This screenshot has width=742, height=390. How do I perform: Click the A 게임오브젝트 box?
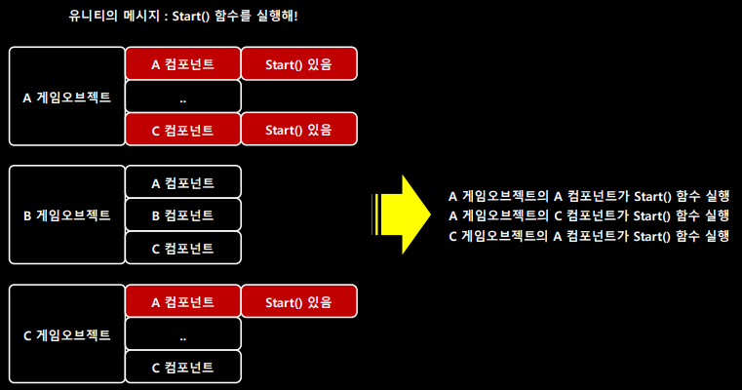66,97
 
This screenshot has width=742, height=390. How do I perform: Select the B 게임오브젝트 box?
66,214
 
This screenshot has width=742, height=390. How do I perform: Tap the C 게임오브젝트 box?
66,334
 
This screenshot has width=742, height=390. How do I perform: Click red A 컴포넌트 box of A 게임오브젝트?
183,64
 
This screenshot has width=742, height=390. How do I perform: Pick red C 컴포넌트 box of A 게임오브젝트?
183,129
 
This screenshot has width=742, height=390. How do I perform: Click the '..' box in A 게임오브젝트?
183,97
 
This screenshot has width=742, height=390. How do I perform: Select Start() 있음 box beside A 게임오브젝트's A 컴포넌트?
298,64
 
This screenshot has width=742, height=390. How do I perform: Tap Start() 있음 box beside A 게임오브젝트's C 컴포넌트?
298,129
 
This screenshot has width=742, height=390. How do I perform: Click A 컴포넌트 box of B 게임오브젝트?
183,182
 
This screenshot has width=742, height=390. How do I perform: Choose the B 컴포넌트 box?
183,214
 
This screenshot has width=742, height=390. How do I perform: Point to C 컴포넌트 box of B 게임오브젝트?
183,248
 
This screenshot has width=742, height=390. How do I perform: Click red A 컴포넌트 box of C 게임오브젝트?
183,302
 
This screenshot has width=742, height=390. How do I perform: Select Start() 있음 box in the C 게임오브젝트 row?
298,302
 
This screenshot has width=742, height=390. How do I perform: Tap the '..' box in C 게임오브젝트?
183,334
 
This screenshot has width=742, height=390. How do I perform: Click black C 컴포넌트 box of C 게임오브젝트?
183,368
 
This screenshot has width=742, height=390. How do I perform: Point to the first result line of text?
588,194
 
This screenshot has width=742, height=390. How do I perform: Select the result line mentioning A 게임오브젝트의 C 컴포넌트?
588,214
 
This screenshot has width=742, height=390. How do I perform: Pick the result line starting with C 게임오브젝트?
588,236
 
